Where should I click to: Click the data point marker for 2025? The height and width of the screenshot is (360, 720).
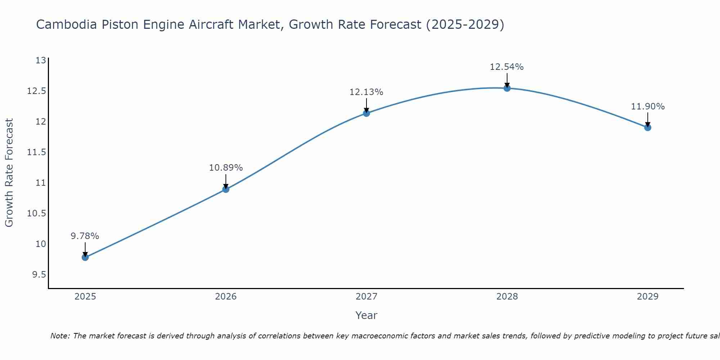point(85,257)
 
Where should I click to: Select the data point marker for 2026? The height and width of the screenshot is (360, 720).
point(226,189)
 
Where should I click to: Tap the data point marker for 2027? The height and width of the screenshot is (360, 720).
point(366,113)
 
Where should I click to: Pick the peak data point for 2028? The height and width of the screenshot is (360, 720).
point(507,88)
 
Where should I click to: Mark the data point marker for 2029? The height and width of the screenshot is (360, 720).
point(648,127)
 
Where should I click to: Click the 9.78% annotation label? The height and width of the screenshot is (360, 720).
point(85,236)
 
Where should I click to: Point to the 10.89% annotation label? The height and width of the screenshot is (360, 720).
point(226,168)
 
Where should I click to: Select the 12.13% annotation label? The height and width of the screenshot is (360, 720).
point(366,92)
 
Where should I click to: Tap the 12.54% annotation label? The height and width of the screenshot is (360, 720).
point(507,67)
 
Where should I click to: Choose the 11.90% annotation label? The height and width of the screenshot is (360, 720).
point(648,107)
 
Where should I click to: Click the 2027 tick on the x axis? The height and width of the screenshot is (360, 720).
point(366,297)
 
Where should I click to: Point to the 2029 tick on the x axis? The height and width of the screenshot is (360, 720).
point(648,297)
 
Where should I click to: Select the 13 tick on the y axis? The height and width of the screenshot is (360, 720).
point(41,60)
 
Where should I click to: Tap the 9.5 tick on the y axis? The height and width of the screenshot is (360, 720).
point(39,275)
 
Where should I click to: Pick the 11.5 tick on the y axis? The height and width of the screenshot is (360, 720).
point(37,152)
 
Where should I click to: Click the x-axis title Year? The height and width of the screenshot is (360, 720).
point(366,315)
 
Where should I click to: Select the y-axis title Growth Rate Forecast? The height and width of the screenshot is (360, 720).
point(9,172)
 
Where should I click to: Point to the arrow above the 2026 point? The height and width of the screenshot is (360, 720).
point(226,180)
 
